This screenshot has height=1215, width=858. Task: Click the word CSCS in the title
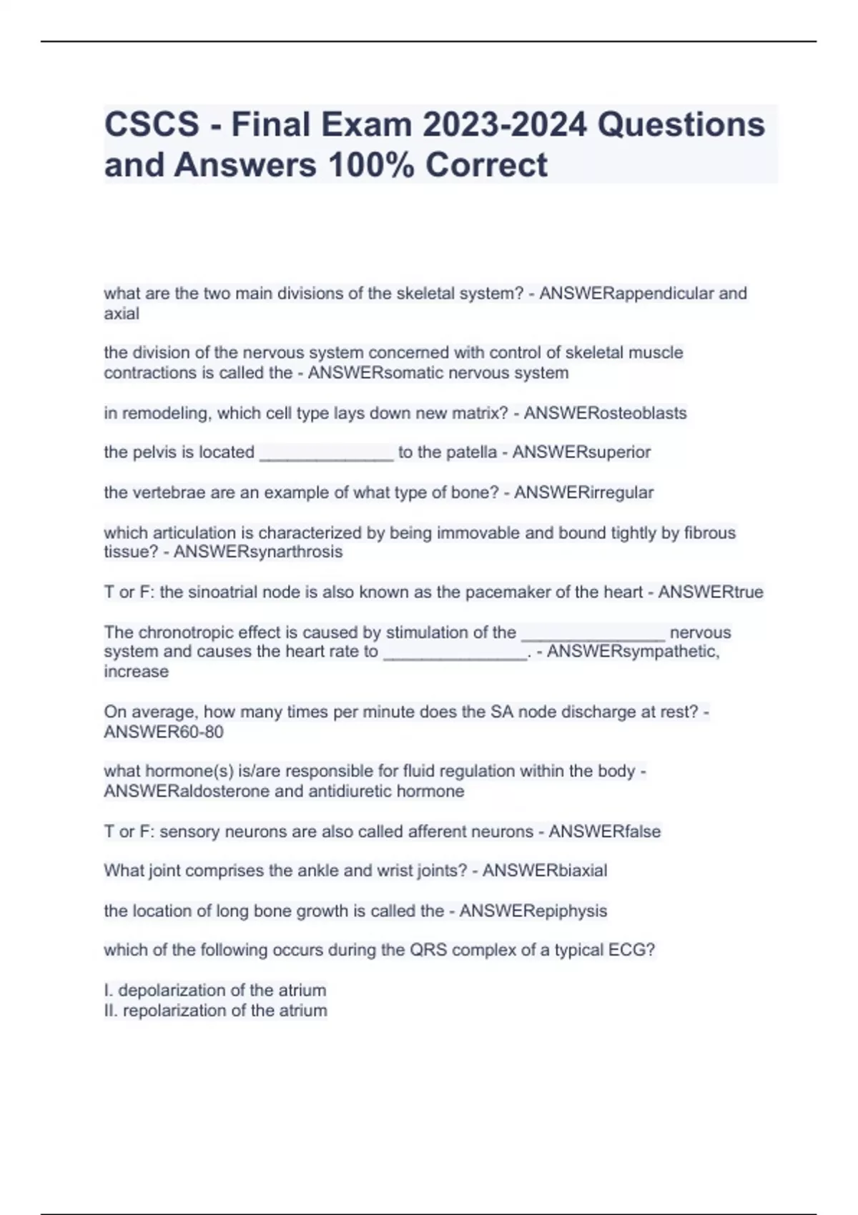coord(152,124)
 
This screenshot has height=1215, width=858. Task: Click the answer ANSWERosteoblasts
coord(605,413)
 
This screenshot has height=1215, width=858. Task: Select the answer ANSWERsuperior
coord(581,452)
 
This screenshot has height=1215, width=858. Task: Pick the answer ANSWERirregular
coord(583,492)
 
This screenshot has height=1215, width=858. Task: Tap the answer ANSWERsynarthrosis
coord(258,552)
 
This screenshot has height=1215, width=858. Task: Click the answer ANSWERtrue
coord(711,592)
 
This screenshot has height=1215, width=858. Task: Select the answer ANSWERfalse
coord(605,831)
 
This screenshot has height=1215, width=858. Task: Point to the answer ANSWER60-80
coord(164,732)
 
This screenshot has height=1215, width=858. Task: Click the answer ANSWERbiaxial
coord(545,871)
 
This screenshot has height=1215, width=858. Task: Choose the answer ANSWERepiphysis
coord(533,911)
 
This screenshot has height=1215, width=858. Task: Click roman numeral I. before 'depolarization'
coord(108,991)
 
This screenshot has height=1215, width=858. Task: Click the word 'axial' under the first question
coord(122,314)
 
